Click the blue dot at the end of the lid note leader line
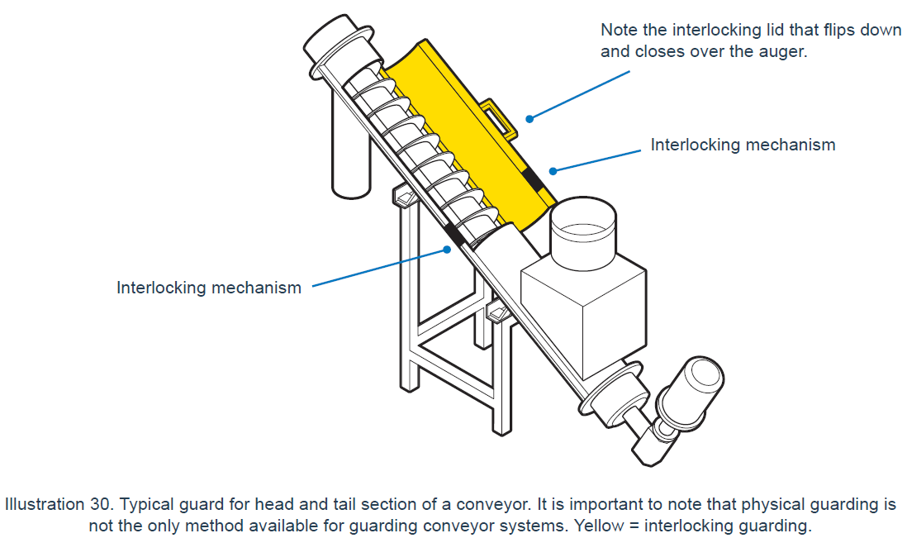pyautogui.click(x=529, y=119)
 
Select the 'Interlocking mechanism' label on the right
pyautogui.click(x=743, y=145)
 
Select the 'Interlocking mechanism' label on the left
pyautogui.click(x=209, y=288)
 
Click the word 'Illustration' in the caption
pyautogui.click(x=44, y=504)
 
